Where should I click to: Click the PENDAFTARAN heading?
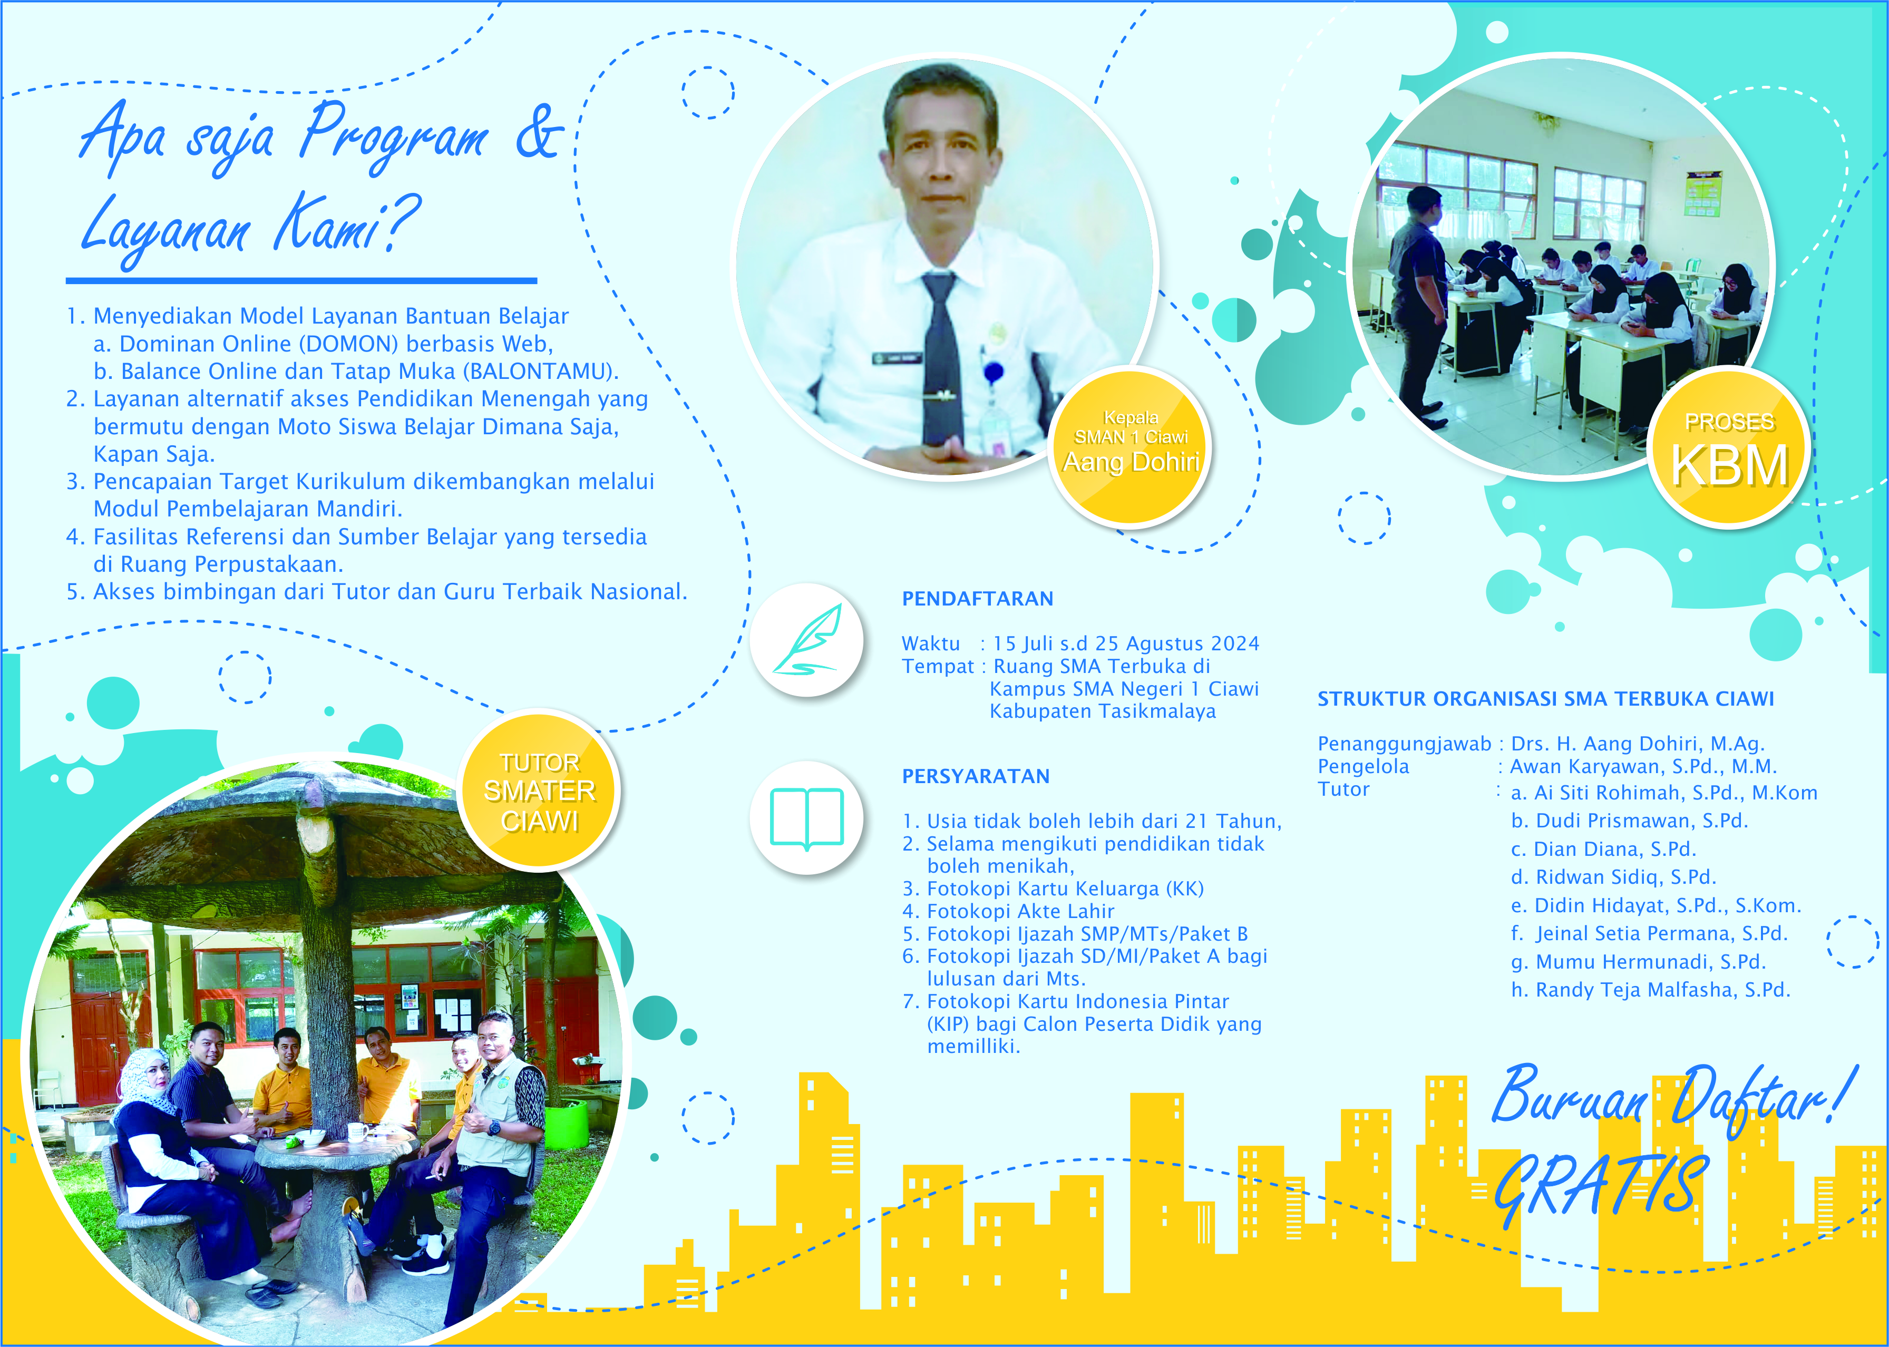pos(977,599)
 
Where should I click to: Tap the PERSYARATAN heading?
pos(976,776)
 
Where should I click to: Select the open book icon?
pos(806,818)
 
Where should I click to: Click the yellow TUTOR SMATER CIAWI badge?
pos(539,790)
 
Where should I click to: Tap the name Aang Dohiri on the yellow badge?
pos(1132,462)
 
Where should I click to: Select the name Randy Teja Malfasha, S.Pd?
pos(1650,990)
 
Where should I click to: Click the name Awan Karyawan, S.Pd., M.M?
pos(1643,767)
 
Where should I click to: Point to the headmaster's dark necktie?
pos(943,361)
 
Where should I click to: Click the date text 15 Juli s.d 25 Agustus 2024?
pos(1126,643)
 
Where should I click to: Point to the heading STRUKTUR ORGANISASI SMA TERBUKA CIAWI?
pos(1545,699)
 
